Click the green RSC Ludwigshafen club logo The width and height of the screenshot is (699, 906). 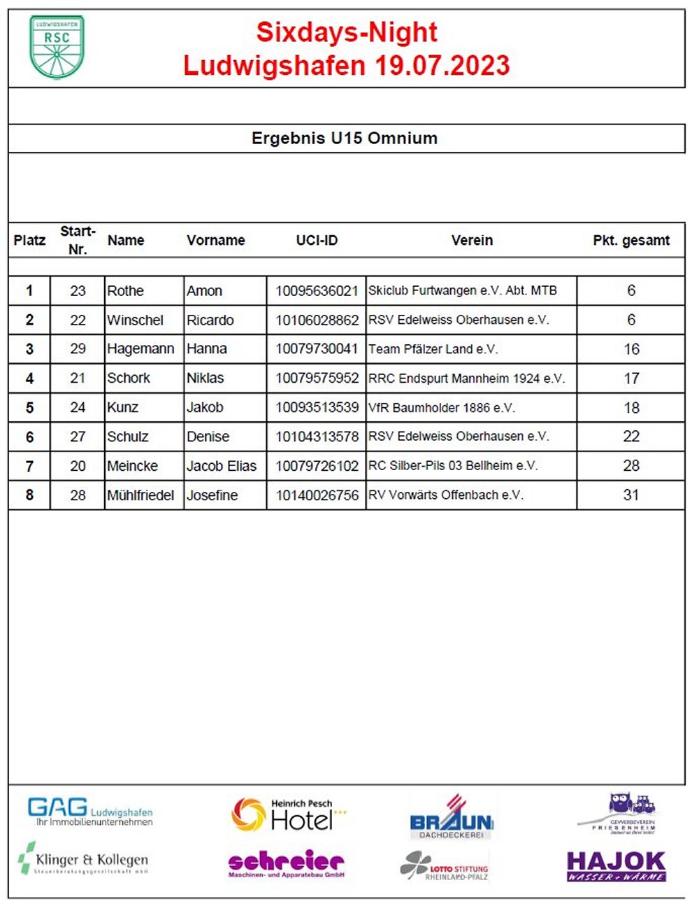pyautogui.click(x=57, y=46)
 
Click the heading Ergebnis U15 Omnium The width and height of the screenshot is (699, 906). pyautogui.click(x=345, y=138)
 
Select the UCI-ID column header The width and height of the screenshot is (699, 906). pyautogui.click(x=317, y=240)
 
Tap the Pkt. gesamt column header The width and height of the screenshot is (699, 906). pyautogui.click(x=630, y=240)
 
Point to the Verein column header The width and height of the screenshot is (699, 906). pyautogui.click(x=472, y=240)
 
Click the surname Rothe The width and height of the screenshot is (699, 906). pyautogui.click(x=126, y=290)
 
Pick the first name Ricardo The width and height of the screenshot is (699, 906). pyautogui.click(x=210, y=320)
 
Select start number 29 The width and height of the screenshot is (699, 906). pyautogui.click(x=78, y=349)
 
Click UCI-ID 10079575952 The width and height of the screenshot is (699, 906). pyautogui.click(x=317, y=378)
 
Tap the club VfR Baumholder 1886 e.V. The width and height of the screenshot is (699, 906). pyautogui.click(x=442, y=407)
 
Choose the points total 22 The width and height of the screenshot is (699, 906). pyautogui.click(x=630, y=437)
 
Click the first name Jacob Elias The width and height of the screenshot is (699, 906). pyautogui.click(x=222, y=466)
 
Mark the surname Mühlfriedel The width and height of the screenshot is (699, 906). pyautogui.click(x=140, y=495)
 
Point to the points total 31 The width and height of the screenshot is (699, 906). pyautogui.click(x=630, y=495)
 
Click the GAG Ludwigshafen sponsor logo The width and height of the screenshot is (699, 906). pyautogui.click(x=89, y=812)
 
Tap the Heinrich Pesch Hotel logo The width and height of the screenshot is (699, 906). pyautogui.click(x=289, y=815)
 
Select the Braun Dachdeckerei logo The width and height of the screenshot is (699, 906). pyautogui.click(x=452, y=819)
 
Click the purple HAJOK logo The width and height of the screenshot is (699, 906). pyautogui.click(x=616, y=865)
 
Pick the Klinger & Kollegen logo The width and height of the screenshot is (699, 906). pyautogui.click(x=84, y=861)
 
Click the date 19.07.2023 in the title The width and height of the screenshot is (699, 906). pyautogui.click(x=442, y=66)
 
